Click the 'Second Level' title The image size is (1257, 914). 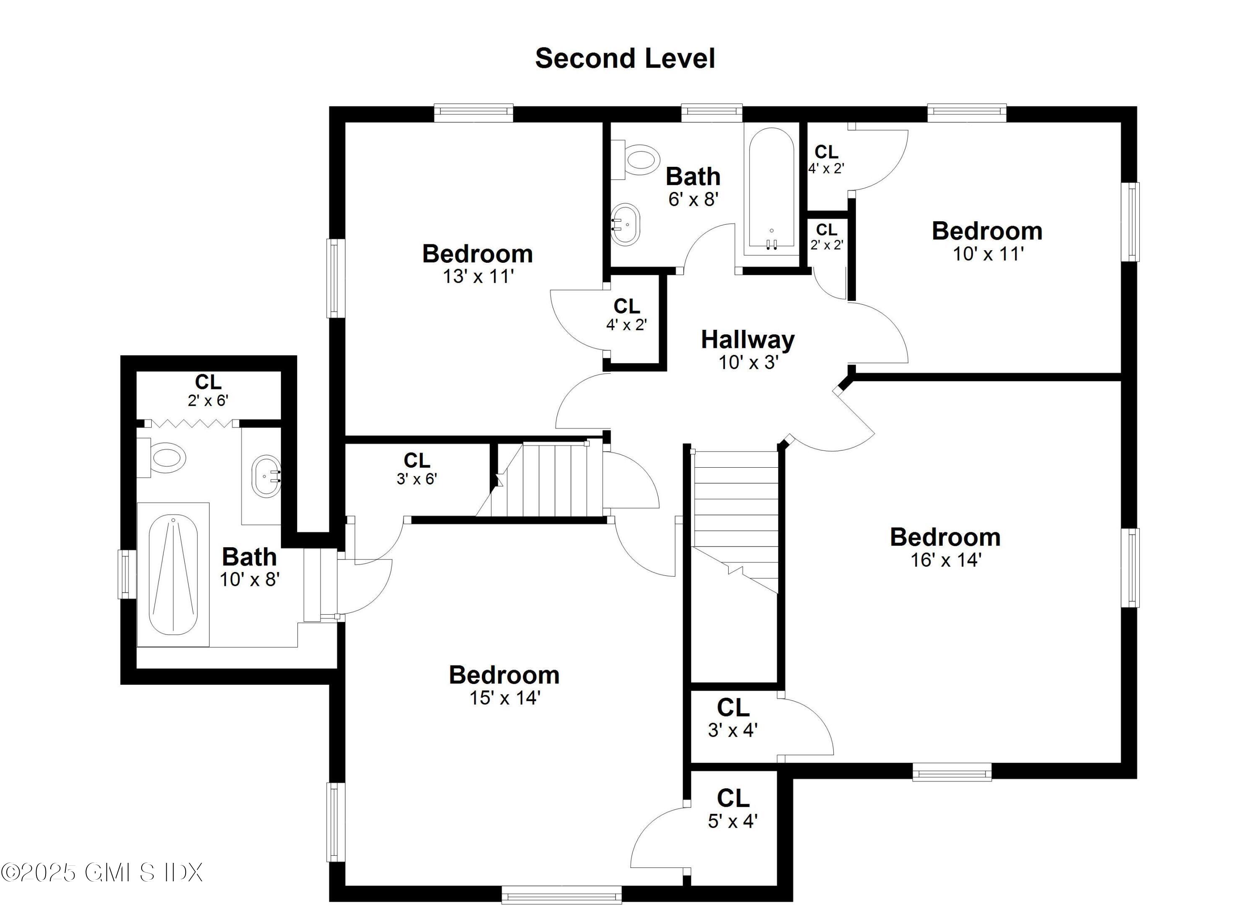625,58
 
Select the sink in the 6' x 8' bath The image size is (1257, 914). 626,224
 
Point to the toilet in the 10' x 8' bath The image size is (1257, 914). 161,458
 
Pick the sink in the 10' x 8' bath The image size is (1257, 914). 266,476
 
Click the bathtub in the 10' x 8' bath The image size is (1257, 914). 173,575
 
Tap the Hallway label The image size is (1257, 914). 747,340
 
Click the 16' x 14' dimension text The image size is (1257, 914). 946,560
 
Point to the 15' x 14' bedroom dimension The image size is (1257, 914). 505,698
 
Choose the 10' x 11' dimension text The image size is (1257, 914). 988,254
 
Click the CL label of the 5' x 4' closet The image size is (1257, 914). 733,799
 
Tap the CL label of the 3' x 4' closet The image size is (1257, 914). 733,708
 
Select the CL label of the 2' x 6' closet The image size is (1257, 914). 208,382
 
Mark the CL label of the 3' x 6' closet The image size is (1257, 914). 417,460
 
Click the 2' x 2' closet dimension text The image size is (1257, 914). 827,244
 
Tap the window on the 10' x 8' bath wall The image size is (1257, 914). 127,574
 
